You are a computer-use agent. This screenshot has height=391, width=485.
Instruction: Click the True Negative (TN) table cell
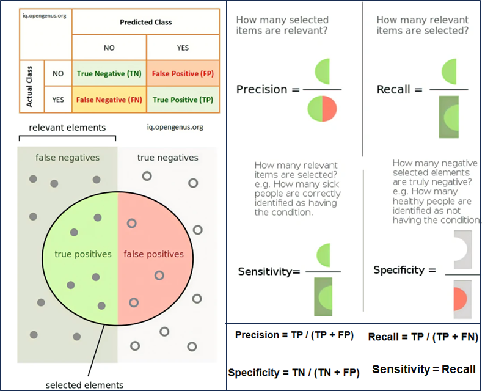point(109,74)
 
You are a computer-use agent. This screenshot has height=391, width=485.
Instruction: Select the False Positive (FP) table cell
point(183,74)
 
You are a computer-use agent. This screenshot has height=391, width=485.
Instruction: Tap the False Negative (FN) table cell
point(109,100)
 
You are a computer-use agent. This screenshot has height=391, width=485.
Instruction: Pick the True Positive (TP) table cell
point(183,100)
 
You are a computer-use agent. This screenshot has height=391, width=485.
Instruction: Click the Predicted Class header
point(146,22)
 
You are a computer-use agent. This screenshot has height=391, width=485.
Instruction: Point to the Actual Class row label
point(29,87)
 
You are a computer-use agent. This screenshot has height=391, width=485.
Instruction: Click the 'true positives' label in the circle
point(83,254)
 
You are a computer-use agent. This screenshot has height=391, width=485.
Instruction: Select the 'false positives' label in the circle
point(153,254)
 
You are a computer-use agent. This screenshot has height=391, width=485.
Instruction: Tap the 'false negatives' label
point(67,158)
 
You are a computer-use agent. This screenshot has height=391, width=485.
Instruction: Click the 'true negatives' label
point(167,158)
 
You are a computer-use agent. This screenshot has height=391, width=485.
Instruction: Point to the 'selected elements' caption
point(84,385)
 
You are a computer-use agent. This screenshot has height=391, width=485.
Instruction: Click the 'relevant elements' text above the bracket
point(67,128)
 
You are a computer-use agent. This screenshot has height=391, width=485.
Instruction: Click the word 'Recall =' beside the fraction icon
point(399,89)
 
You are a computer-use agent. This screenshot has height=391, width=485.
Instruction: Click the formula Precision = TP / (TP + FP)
point(294,335)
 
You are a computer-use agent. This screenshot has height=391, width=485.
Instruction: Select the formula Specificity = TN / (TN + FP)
point(293,372)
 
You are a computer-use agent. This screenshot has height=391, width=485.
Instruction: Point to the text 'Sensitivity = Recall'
point(424,369)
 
